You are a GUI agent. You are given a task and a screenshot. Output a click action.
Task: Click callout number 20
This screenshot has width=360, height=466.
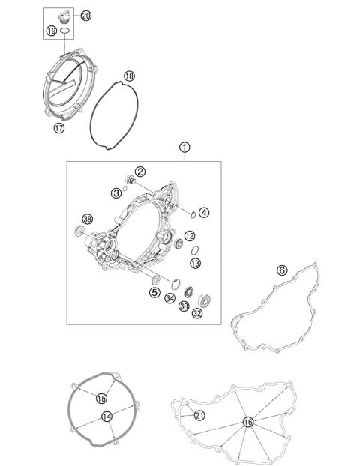pyautogui.click(x=85, y=16)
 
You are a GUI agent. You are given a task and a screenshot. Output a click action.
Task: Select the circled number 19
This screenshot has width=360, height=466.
pyautogui.click(x=51, y=31)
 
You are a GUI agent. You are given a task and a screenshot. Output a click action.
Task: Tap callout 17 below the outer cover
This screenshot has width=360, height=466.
pyautogui.click(x=59, y=128)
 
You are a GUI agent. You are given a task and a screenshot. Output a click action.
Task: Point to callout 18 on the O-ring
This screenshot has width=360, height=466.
pyautogui.click(x=129, y=76)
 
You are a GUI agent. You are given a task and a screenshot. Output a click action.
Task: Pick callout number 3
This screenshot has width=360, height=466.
pyautogui.click(x=116, y=193)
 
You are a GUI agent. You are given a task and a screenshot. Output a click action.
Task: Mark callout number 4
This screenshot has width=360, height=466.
pyautogui.click(x=204, y=212)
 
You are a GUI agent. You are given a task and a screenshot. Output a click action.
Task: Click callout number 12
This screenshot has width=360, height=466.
pyautogui.click(x=190, y=236)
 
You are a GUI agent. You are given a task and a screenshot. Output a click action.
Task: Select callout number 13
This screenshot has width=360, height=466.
pyautogui.click(x=195, y=263)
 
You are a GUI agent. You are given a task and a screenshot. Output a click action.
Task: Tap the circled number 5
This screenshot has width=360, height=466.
pyautogui.click(x=154, y=292)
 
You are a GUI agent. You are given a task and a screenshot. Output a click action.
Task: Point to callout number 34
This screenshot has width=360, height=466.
pyautogui.click(x=171, y=297)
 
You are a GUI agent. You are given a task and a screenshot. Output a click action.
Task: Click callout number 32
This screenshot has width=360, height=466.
pyautogui.click(x=197, y=314)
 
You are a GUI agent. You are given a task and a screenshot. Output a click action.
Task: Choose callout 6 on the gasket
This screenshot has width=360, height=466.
pyautogui.click(x=282, y=270)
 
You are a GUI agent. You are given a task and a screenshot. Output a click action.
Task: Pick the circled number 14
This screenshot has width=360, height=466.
pyautogui.click(x=107, y=416)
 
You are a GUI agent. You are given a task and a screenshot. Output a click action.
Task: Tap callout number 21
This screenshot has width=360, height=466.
pyautogui.click(x=199, y=415)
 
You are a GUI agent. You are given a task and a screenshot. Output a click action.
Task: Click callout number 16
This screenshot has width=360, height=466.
pyautogui.click(x=247, y=423)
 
